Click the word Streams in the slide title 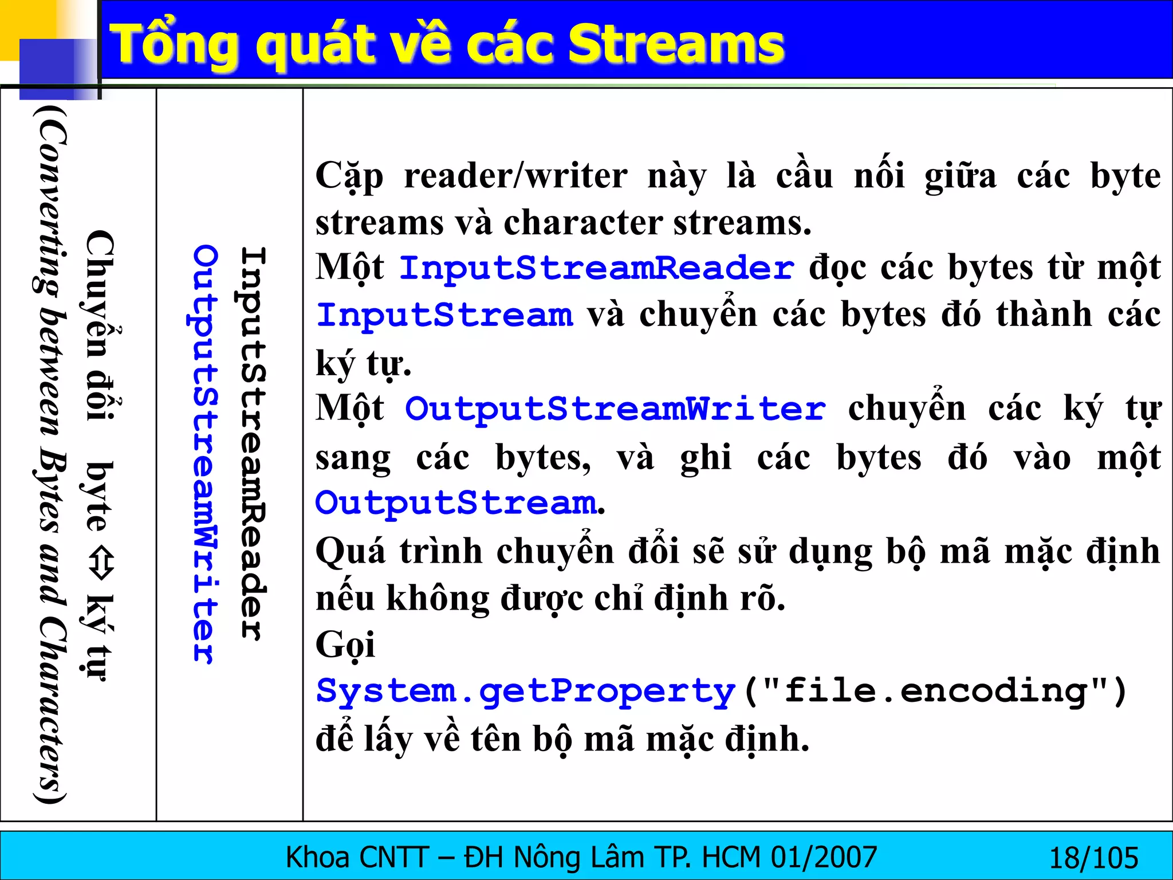pyautogui.click(x=676, y=45)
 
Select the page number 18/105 pyautogui.click(x=1093, y=858)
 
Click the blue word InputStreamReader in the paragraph pyautogui.click(x=596, y=268)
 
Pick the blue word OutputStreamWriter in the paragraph pyautogui.click(x=615, y=409)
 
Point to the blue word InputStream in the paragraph pyautogui.click(x=444, y=315)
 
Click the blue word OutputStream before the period pyautogui.click(x=456, y=503)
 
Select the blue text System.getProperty pyautogui.click(x=525, y=692)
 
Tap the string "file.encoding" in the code pyautogui.click(x=935, y=692)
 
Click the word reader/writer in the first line pyautogui.click(x=515, y=175)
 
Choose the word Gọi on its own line pyautogui.click(x=345, y=645)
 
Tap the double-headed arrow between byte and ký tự pyautogui.click(x=101, y=564)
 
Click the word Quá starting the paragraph pyautogui.click(x=351, y=551)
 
